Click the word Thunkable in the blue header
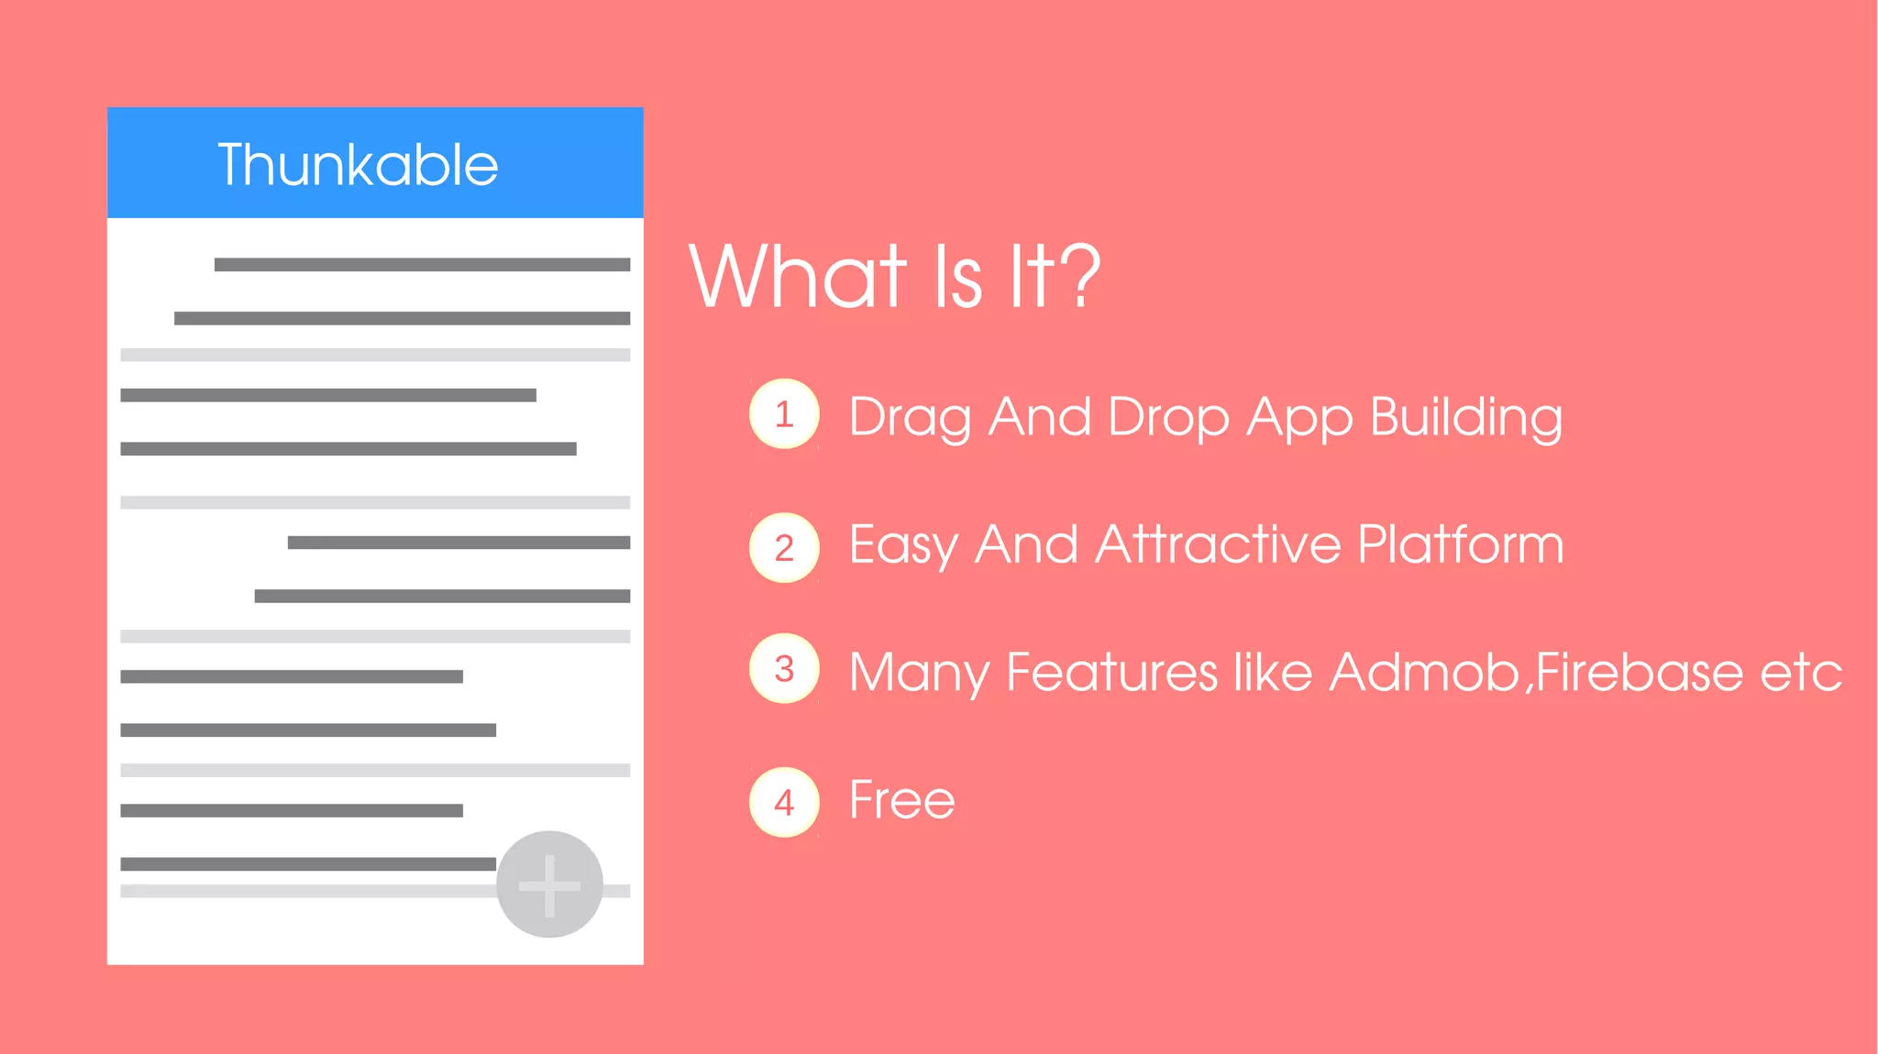tap(358, 165)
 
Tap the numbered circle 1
tap(784, 414)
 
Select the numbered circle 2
tap(784, 548)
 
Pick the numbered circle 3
tap(784, 669)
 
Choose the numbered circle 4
tap(784, 803)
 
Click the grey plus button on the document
tap(549, 884)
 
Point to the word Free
tap(901, 799)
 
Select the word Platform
tap(1460, 544)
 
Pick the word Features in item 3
tap(1111, 672)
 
